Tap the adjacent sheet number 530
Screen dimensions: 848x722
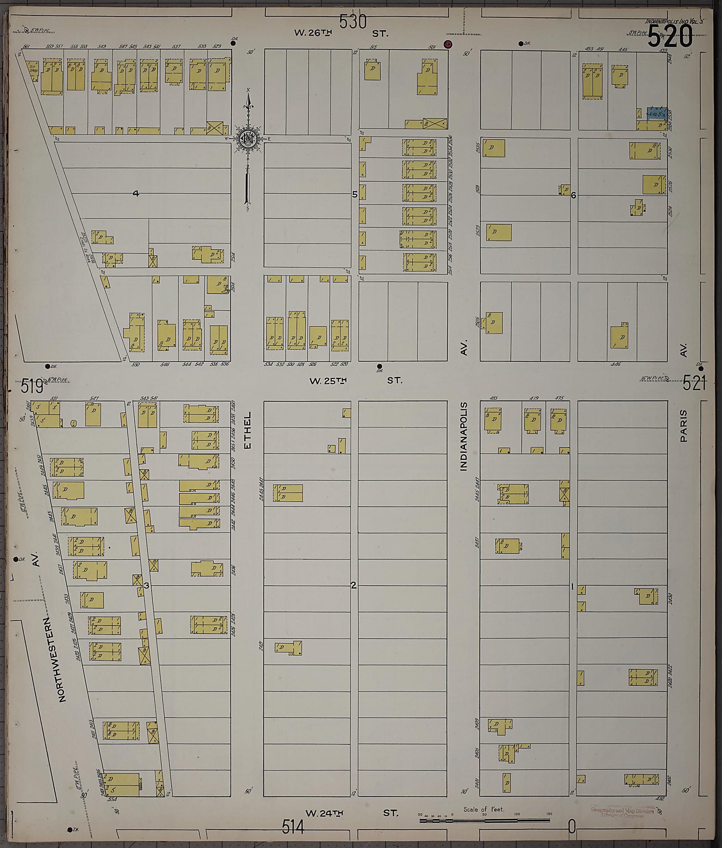click(x=353, y=22)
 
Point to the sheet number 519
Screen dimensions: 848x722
click(x=32, y=386)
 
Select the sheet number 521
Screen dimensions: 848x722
click(x=694, y=384)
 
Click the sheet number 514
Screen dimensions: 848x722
click(x=293, y=827)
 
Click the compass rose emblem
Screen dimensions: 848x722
click(x=248, y=140)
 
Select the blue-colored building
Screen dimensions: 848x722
click(x=656, y=114)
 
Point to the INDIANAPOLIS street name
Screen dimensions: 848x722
click(x=463, y=436)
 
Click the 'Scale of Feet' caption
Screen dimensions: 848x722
click(x=484, y=809)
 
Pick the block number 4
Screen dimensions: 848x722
click(x=136, y=193)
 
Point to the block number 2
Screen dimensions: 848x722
click(x=354, y=586)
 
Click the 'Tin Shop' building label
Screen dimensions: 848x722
click(x=33, y=68)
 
